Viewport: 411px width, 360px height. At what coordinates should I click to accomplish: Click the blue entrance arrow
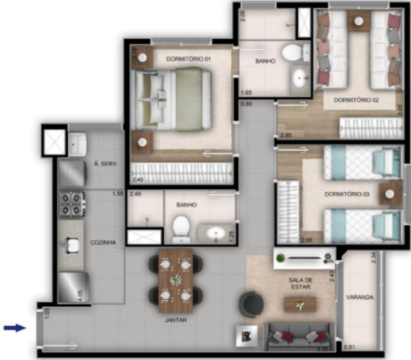pos(14,327)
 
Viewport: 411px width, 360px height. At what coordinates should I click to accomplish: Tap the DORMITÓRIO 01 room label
pos(188,59)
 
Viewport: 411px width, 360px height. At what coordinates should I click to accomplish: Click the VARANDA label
pos(359,298)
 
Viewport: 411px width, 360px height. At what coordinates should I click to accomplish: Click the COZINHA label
pos(104,242)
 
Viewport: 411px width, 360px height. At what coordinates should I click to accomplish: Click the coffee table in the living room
pos(299,303)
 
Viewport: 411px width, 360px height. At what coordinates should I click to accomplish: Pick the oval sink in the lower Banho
pos(216,234)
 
